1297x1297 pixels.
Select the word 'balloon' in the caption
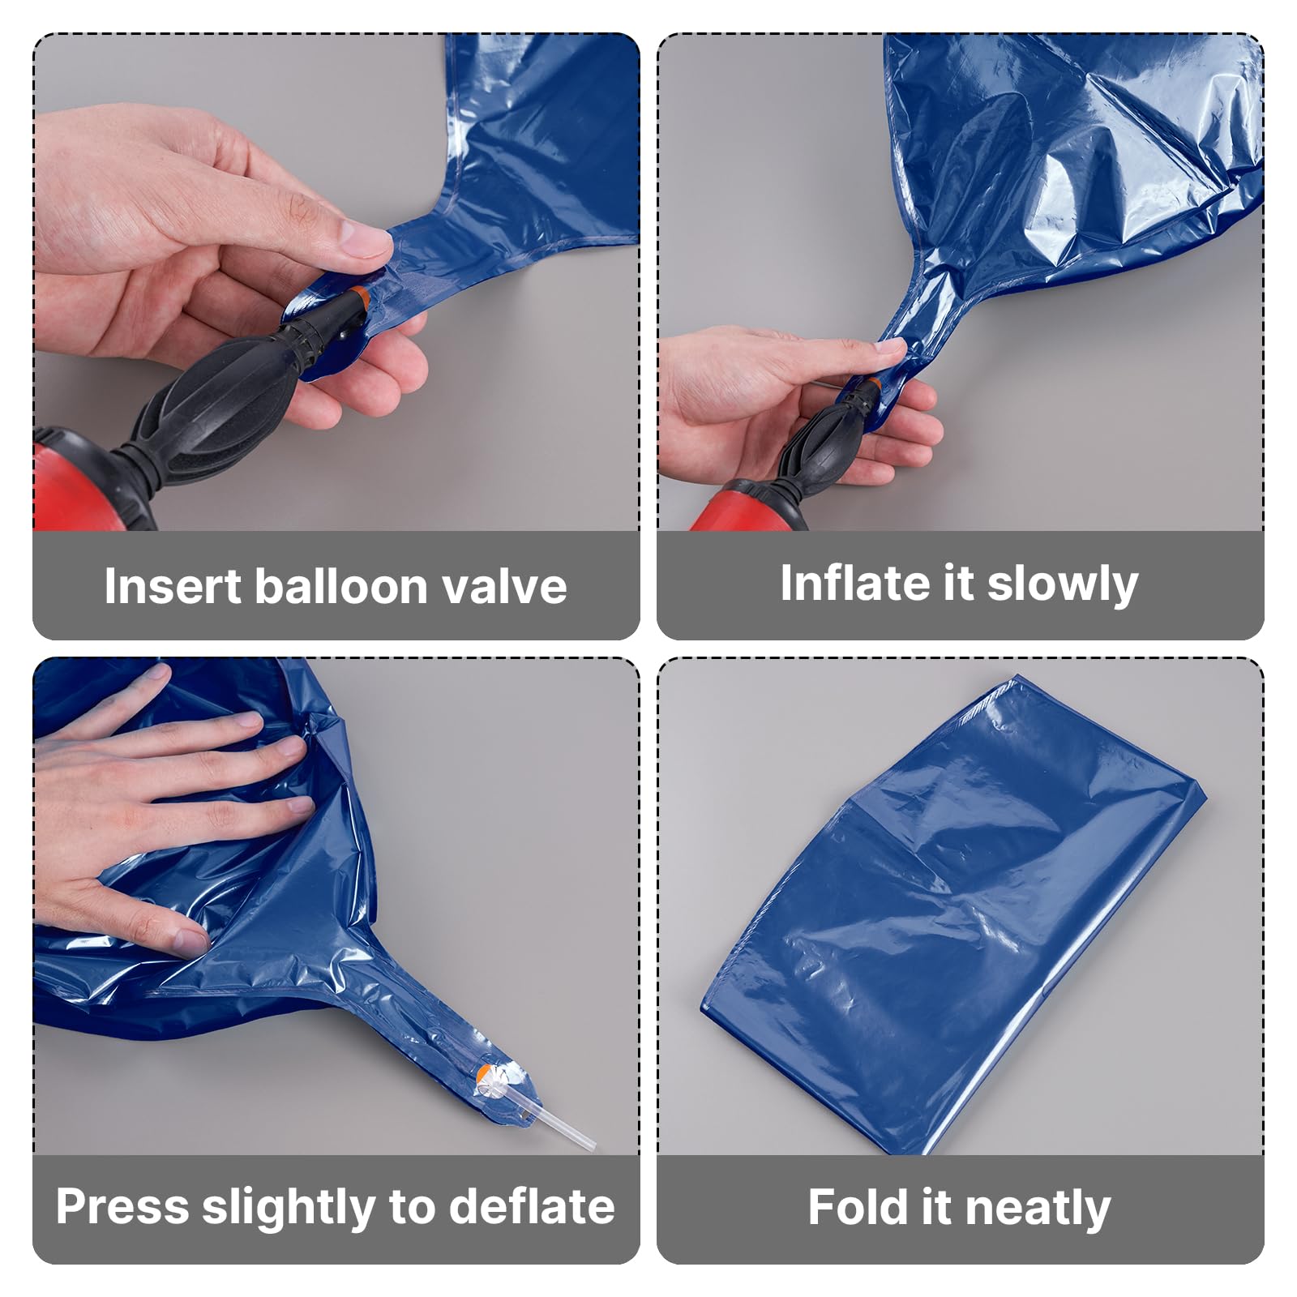340,586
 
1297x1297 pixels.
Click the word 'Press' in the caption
122,1207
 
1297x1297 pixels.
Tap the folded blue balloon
953,912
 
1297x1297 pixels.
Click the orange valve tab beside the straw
484,1075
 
